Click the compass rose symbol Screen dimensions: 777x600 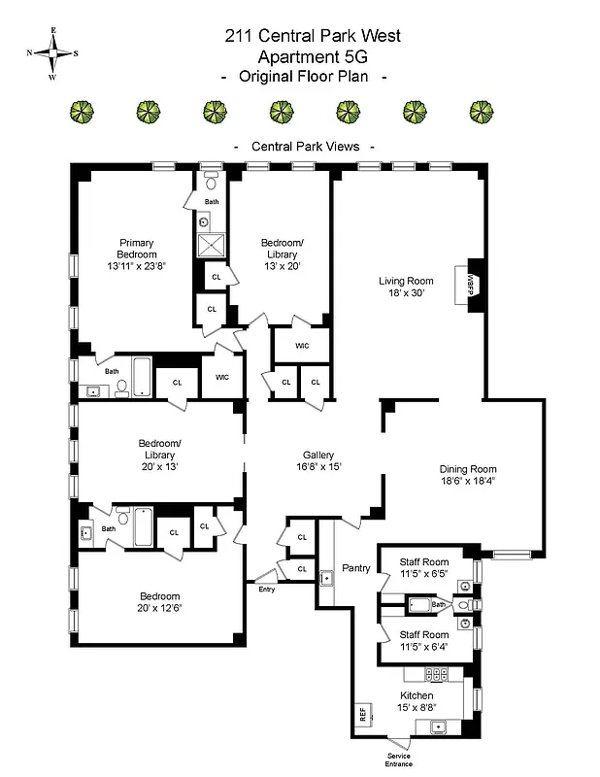[x=52, y=54]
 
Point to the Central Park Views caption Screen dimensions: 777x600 [x=305, y=147]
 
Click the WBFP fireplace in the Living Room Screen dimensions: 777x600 [x=474, y=285]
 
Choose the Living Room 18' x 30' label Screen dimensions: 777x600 [x=406, y=287]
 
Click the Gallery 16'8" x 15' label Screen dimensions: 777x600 [x=317, y=460]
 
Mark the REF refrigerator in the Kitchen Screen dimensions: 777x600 [x=362, y=716]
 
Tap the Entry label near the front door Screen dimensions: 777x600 [x=266, y=590]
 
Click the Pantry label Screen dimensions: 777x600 [x=355, y=568]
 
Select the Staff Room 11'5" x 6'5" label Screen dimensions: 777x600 [x=424, y=568]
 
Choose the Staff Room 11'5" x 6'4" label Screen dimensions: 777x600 [x=424, y=639]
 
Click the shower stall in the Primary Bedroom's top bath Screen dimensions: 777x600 [x=211, y=243]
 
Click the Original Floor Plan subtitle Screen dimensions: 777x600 [x=306, y=77]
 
